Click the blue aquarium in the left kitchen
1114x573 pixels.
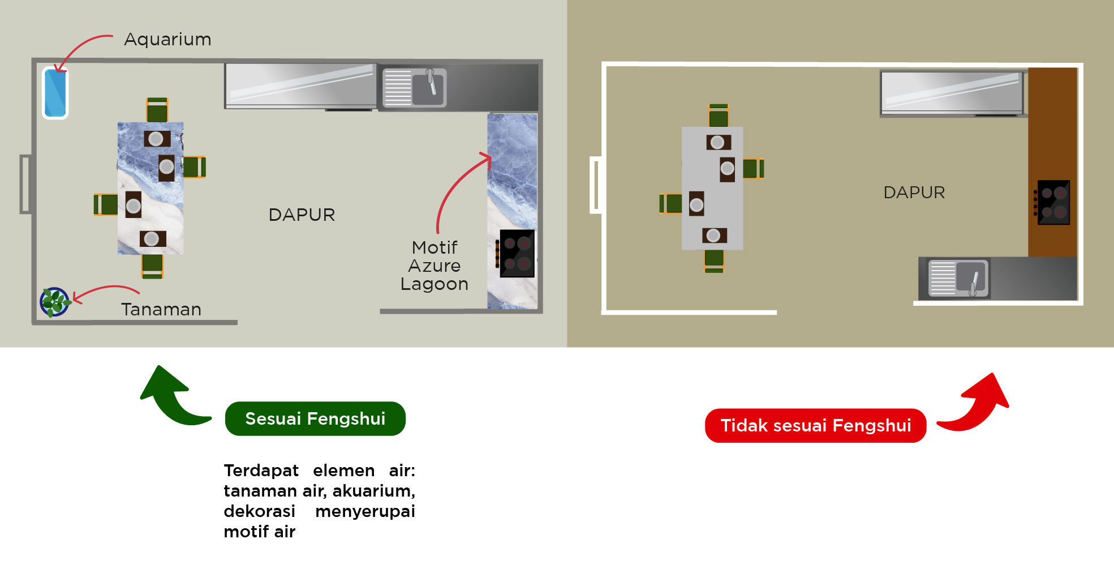(55, 93)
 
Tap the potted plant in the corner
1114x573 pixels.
(54, 302)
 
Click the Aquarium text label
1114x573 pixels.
(167, 39)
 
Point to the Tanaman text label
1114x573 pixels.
(161, 309)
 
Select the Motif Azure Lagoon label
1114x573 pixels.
(435, 266)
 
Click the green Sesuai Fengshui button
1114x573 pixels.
(315, 418)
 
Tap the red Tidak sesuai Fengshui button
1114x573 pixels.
(815, 425)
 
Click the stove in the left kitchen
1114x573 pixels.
(517, 254)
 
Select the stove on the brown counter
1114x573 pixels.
(1053, 202)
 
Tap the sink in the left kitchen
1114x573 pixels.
(415, 88)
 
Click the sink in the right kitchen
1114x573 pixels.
(958, 278)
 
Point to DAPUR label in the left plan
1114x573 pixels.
(302, 215)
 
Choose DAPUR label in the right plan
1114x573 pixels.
(914, 193)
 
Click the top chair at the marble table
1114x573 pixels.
(157, 110)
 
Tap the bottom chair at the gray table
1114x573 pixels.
(714, 260)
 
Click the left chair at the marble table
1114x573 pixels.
(106, 204)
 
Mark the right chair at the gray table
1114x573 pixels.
(753, 169)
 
